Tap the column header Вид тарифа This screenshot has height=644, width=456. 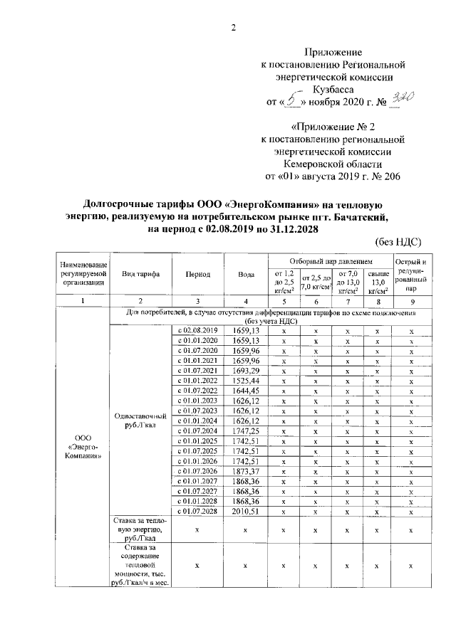pyautogui.click(x=140, y=274)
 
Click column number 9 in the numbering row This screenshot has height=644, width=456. pyautogui.click(x=411, y=301)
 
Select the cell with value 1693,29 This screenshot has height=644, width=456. pyautogui.click(x=245, y=371)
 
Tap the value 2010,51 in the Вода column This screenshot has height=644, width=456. pyautogui.click(x=245, y=511)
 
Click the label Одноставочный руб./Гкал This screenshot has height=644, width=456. pyautogui.click(x=140, y=421)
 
